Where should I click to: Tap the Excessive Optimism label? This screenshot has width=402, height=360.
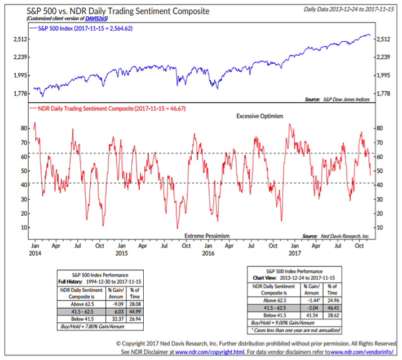[x=259, y=116]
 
